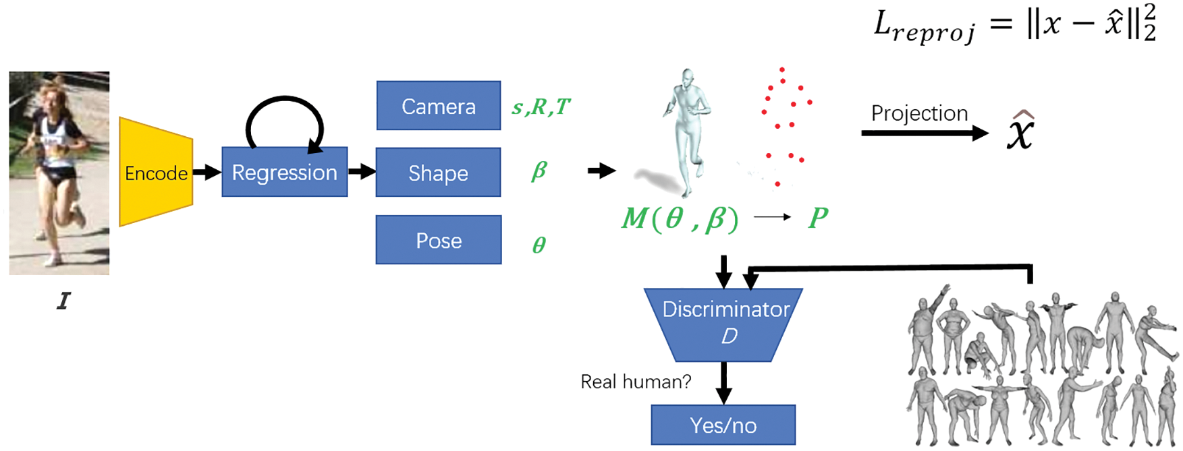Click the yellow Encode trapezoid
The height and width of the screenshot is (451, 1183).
(x=155, y=173)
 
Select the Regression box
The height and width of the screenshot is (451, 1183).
(x=284, y=172)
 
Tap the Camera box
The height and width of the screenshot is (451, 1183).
(x=438, y=106)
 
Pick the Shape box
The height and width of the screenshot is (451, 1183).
(x=438, y=173)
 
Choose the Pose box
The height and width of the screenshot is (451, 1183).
(x=438, y=240)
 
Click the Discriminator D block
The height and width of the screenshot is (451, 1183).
(x=723, y=324)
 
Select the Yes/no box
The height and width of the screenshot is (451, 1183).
(x=723, y=425)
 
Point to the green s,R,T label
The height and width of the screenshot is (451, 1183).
(x=541, y=107)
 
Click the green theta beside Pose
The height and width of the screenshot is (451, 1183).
(x=539, y=244)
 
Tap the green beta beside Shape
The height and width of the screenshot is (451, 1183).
(x=539, y=171)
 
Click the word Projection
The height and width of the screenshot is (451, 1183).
(x=919, y=113)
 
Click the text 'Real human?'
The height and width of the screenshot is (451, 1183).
(x=636, y=382)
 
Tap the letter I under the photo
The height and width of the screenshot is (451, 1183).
(x=63, y=301)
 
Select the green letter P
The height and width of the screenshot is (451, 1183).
(x=818, y=217)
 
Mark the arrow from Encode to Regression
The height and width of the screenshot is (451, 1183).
(x=207, y=173)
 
